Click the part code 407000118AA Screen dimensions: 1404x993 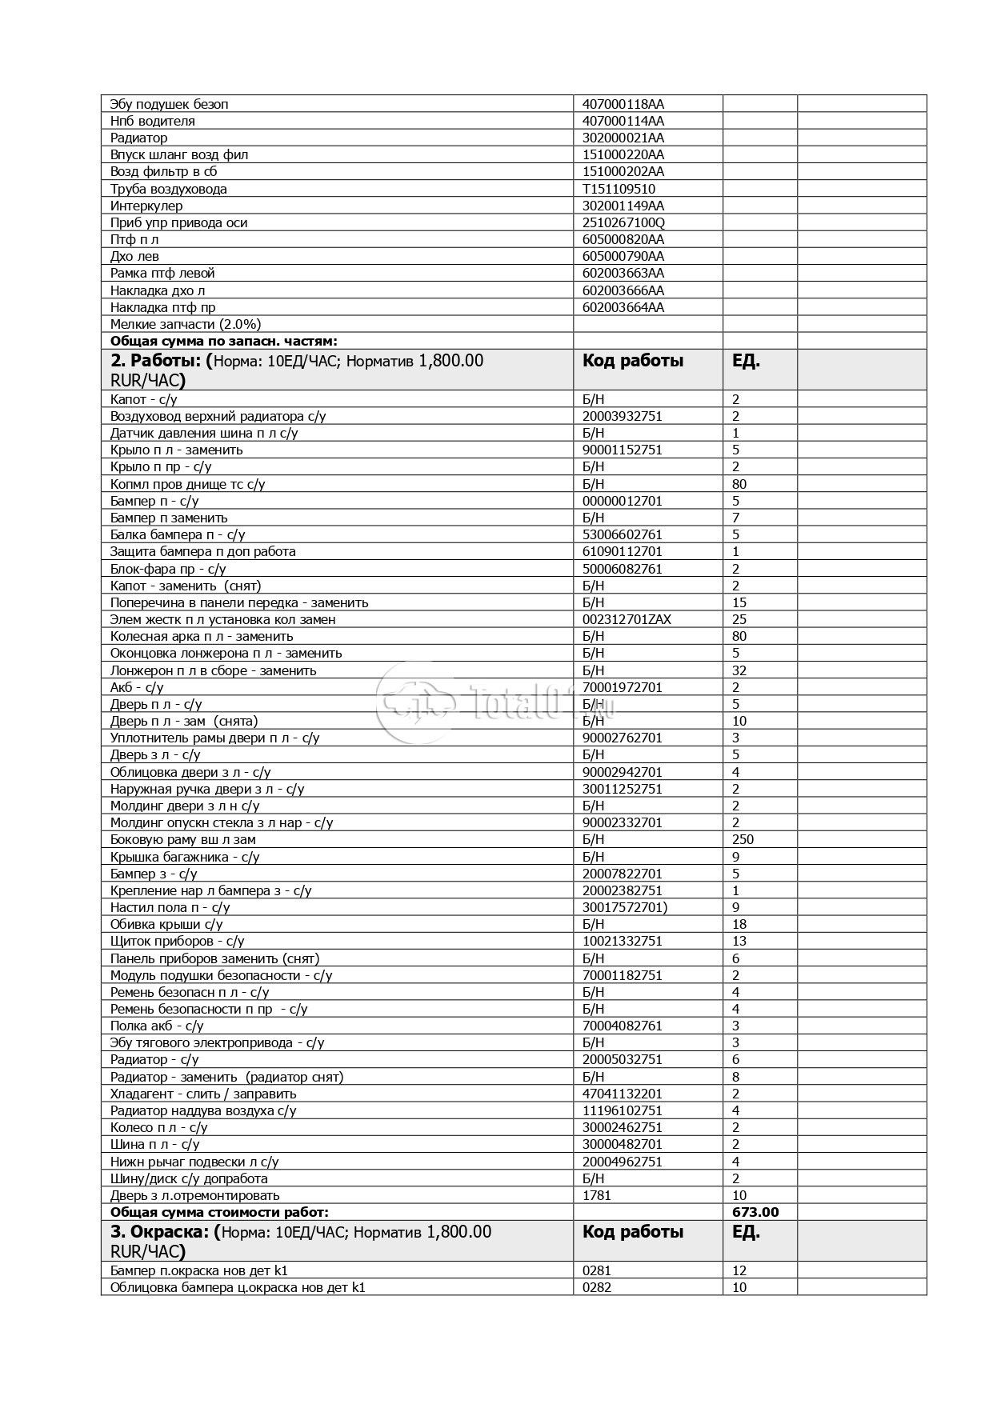(x=623, y=104)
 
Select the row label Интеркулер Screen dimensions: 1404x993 (x=146, y=206)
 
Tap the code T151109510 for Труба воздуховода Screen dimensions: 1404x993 (x=619, y=189)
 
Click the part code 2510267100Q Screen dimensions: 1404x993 (x=623, y=222)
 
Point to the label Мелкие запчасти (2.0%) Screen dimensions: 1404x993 (x=186, y=324)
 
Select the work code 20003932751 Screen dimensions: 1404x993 (x=622, y=416)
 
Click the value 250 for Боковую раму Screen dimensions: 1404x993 (x=743, y=839)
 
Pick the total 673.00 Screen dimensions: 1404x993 (x=755, y=1212)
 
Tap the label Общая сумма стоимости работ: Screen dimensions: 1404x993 (x=219, y=1212)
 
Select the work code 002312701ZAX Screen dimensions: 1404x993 (x=627, y=619)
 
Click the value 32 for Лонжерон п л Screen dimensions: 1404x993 (x=739, y=670)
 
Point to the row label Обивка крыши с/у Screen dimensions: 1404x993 (x=166, y=924)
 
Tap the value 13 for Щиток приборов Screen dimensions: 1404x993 (x=739, y=941)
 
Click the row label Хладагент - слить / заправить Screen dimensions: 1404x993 (x=203, y=1094)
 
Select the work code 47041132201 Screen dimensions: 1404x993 (x=622, y=1094)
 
